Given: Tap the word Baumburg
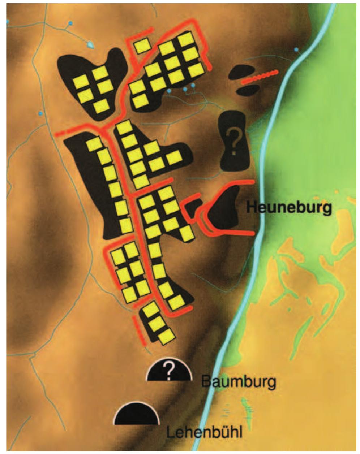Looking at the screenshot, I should point(239,381).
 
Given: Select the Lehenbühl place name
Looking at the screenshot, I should point(205,432).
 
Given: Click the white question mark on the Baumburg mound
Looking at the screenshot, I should point(168,371).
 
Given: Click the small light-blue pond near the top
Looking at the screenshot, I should point(90,45).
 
